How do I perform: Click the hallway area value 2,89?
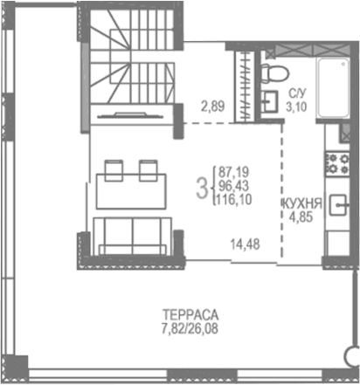(x=213, y=107)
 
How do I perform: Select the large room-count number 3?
(x=203, y=186)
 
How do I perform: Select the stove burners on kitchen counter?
(x=338, y=162)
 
